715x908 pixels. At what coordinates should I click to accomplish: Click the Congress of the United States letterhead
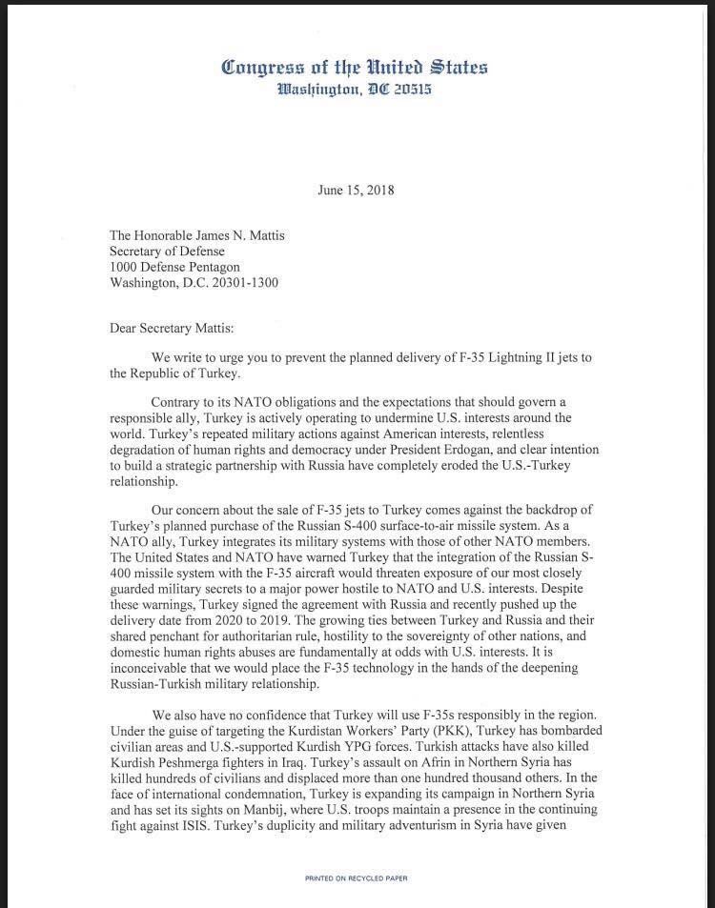(355, 67)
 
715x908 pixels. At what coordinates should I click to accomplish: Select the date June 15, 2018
(356, 190)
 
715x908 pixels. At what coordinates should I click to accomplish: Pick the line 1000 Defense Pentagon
(175, 268)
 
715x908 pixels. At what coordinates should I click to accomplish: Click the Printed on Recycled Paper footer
(357, 878)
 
